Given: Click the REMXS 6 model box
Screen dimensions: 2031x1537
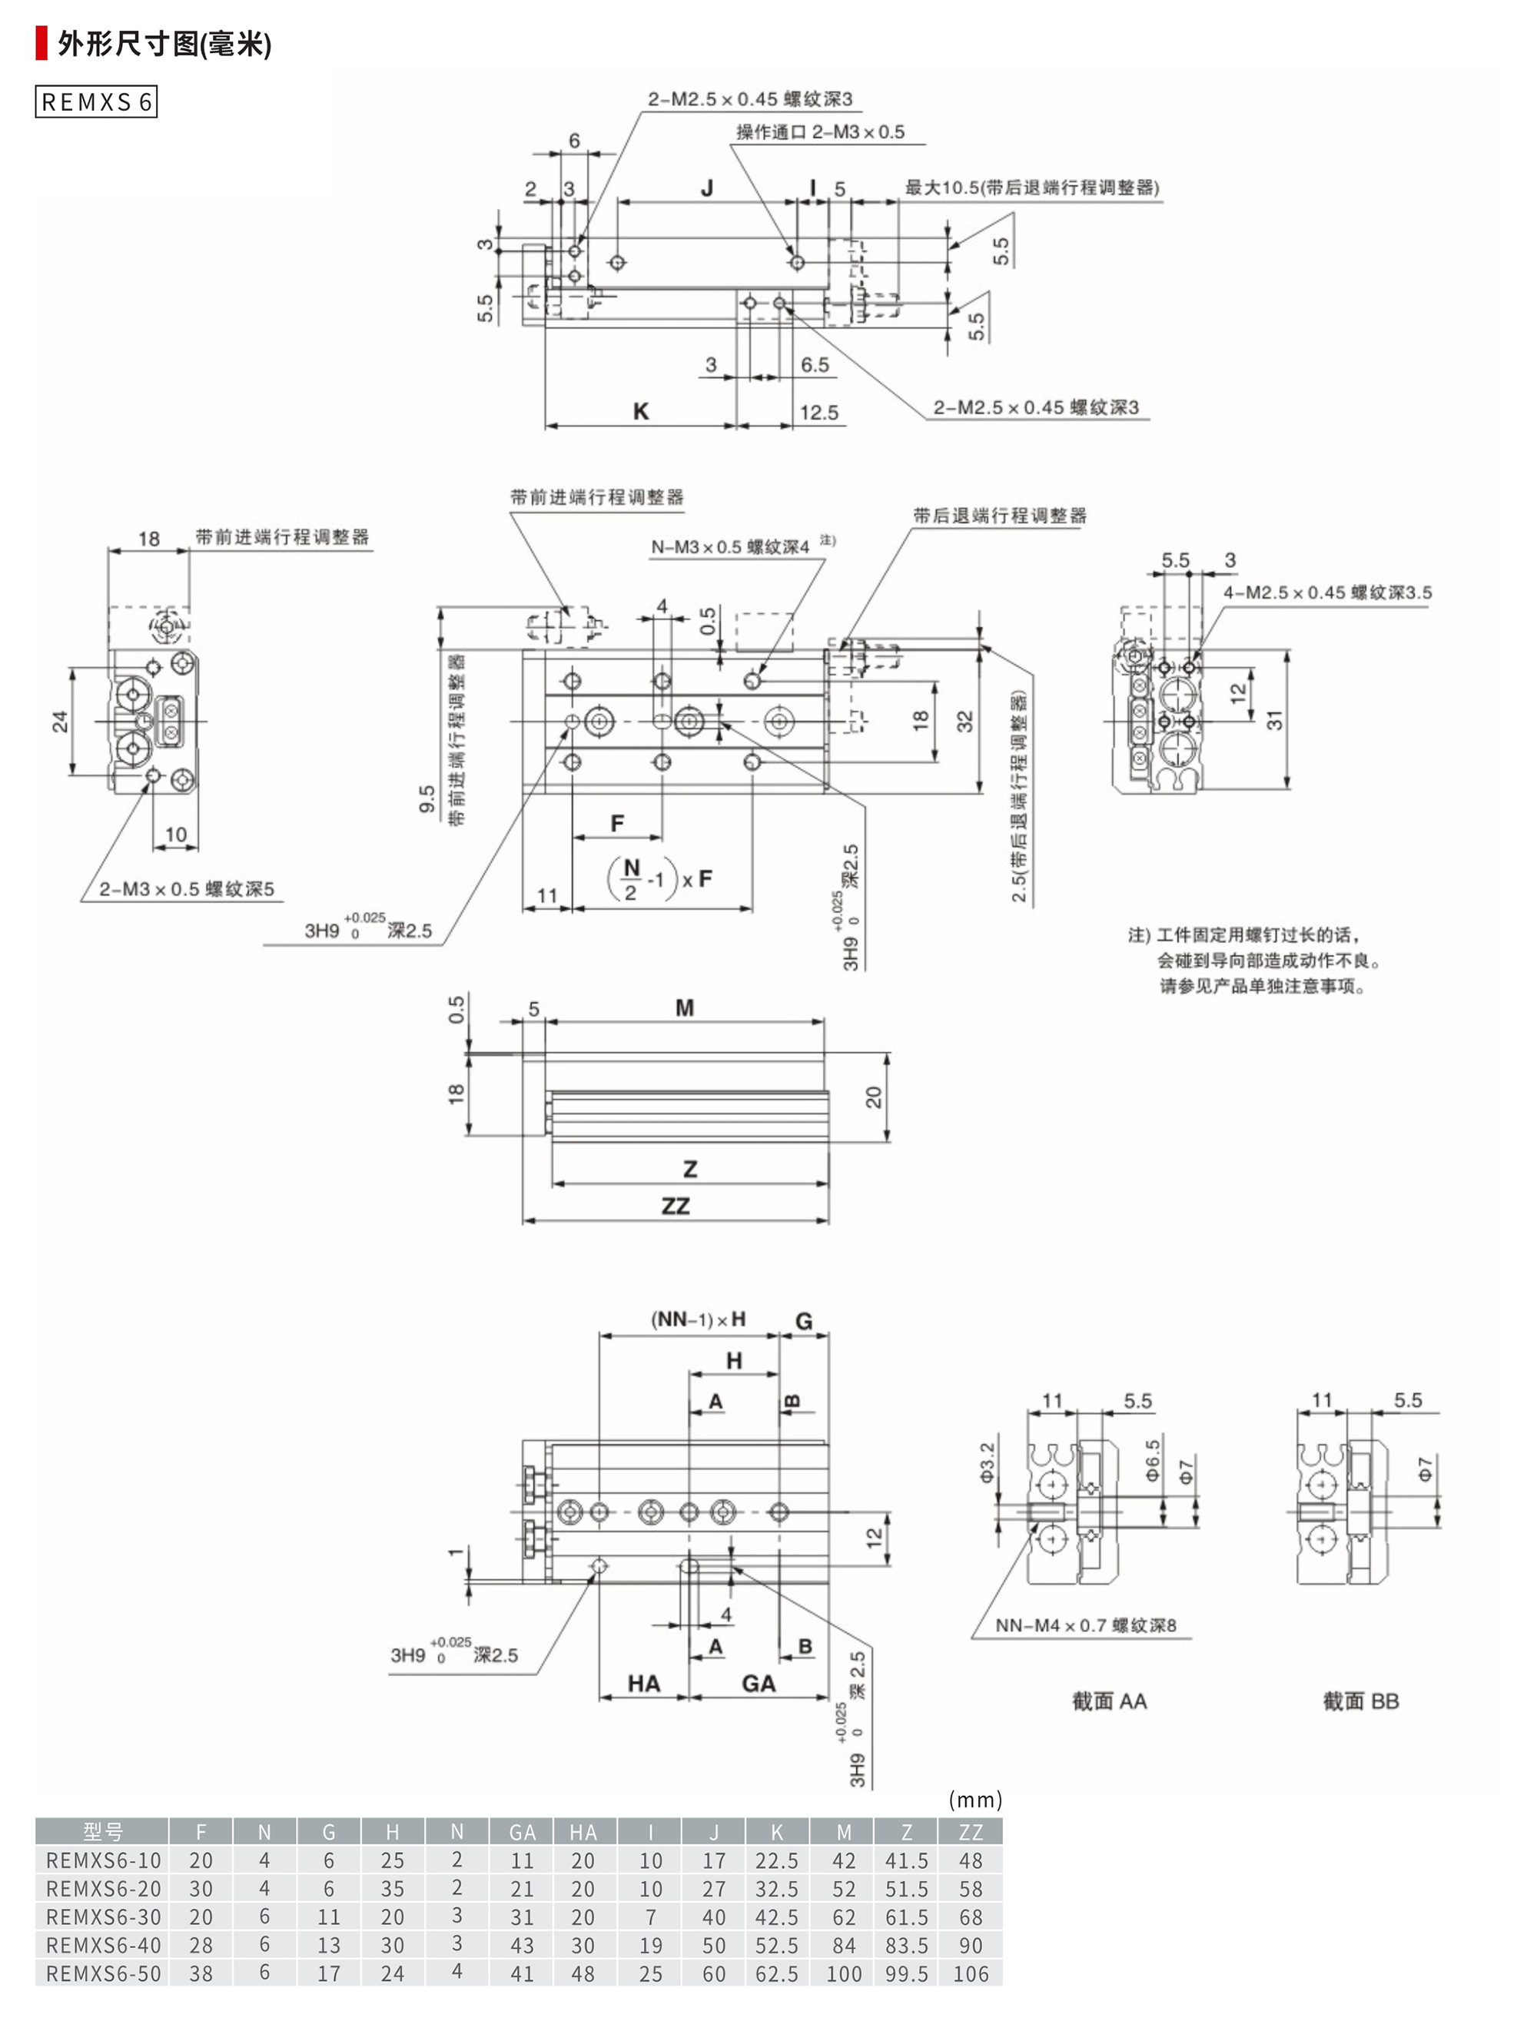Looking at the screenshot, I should tap(96, 102).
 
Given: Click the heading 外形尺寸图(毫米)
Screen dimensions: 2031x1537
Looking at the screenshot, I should tap(164, 44).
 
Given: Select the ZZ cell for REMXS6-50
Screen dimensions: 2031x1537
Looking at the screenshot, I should tap(970, 1974).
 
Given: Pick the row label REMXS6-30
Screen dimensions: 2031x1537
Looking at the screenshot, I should tap(103, 1917).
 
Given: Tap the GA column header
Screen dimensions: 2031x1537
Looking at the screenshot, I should tap(522, 1833).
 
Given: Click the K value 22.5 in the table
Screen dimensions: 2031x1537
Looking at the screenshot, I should tap(777, 1861).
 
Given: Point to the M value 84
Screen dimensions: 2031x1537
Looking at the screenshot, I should tap(843, 1946).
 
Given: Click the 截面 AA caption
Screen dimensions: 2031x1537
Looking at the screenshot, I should tap(1109, 1701).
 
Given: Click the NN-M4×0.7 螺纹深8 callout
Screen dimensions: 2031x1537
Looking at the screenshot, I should tap(1085, 1626).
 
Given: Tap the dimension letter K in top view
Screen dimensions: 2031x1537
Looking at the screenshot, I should tap(641, 411).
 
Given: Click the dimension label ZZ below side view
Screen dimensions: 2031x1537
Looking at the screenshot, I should tap(676, 1206).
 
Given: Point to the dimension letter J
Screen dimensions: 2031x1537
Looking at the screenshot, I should tap(707, 188).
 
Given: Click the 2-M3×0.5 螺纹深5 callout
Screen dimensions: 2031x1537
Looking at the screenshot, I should tap(187, 889).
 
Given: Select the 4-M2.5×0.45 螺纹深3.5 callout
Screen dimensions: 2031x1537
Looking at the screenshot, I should tap(1326, 593).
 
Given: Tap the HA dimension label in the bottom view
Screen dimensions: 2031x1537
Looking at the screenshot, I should tap(644, 1683).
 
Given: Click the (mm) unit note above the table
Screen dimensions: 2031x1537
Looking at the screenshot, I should tap(975, 1800).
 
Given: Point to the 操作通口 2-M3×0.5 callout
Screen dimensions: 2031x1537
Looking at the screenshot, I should tap(820, 132).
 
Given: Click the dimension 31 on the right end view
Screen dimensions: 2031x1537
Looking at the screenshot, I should tap(1275, 720).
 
